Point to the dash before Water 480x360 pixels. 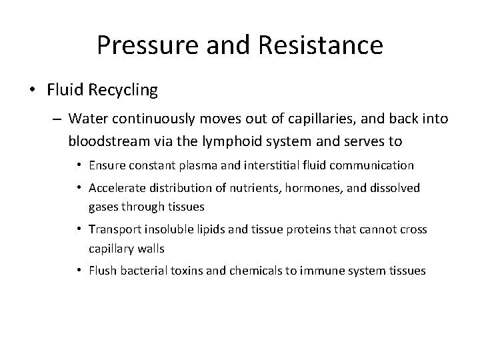coord(58,119)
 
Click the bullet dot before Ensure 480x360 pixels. coord(79,165)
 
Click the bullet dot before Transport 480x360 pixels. coord(79,230)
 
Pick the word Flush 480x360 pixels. coord(101,271)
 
